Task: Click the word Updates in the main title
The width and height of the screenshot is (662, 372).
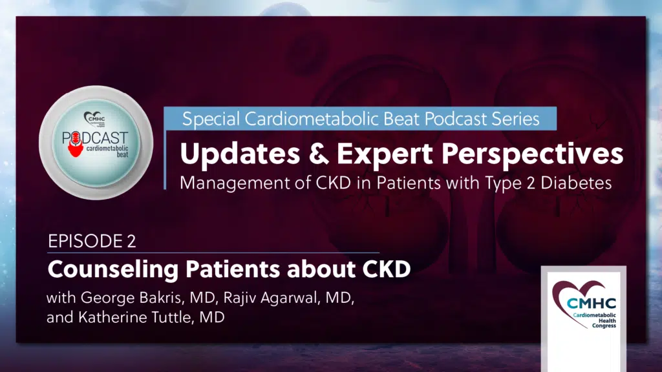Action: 240,154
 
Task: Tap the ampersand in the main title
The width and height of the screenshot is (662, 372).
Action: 319,153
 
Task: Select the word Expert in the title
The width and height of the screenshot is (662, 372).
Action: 384,154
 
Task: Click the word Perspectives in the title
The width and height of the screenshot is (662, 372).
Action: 532,154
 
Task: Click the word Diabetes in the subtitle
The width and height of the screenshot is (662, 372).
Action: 576,183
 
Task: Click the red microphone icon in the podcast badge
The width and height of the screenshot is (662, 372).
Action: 76,144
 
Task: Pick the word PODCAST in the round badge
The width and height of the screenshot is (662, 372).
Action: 95,138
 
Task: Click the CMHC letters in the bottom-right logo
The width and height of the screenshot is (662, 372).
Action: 591,304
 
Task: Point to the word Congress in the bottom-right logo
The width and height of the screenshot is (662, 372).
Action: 604,326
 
